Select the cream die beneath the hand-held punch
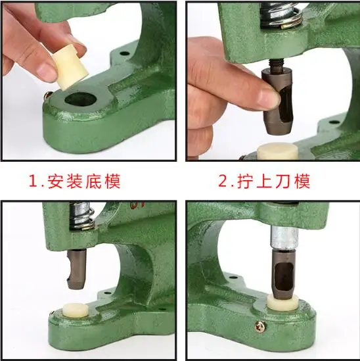(x=277, y=151)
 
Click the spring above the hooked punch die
(x=81, y=216)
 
